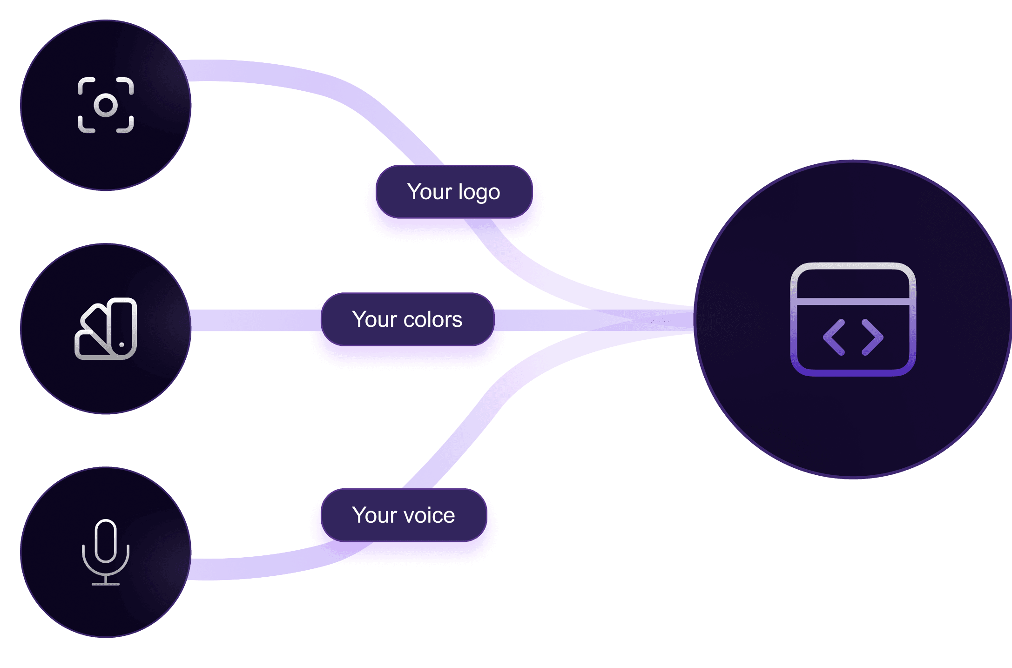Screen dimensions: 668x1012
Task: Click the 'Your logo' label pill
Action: tap(454, 192)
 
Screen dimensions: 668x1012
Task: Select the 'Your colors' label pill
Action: tap(407, 319)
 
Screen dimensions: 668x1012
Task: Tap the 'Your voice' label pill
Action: tap(404, 515)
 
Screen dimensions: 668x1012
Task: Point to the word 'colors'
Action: tap(433, 320)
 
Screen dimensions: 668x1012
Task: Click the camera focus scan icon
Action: tap(106, 105)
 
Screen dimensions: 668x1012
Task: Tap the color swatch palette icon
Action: tap(106, 329)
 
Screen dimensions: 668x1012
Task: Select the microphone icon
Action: tap(106, 552)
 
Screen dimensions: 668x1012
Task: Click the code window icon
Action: tap(853, 319)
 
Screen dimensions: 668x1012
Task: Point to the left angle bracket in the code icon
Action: tap(834, 337)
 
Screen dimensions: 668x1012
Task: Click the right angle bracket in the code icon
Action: tap(872, 337)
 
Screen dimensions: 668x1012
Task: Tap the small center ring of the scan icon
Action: tap(106, 105)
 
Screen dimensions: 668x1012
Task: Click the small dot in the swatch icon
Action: tap(121, 345)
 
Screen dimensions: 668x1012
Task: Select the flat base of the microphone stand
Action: tap(106, 584)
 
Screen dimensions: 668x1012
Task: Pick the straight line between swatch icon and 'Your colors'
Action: tap(256, 320)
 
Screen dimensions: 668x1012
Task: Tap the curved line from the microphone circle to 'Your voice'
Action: tap(270, 566)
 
